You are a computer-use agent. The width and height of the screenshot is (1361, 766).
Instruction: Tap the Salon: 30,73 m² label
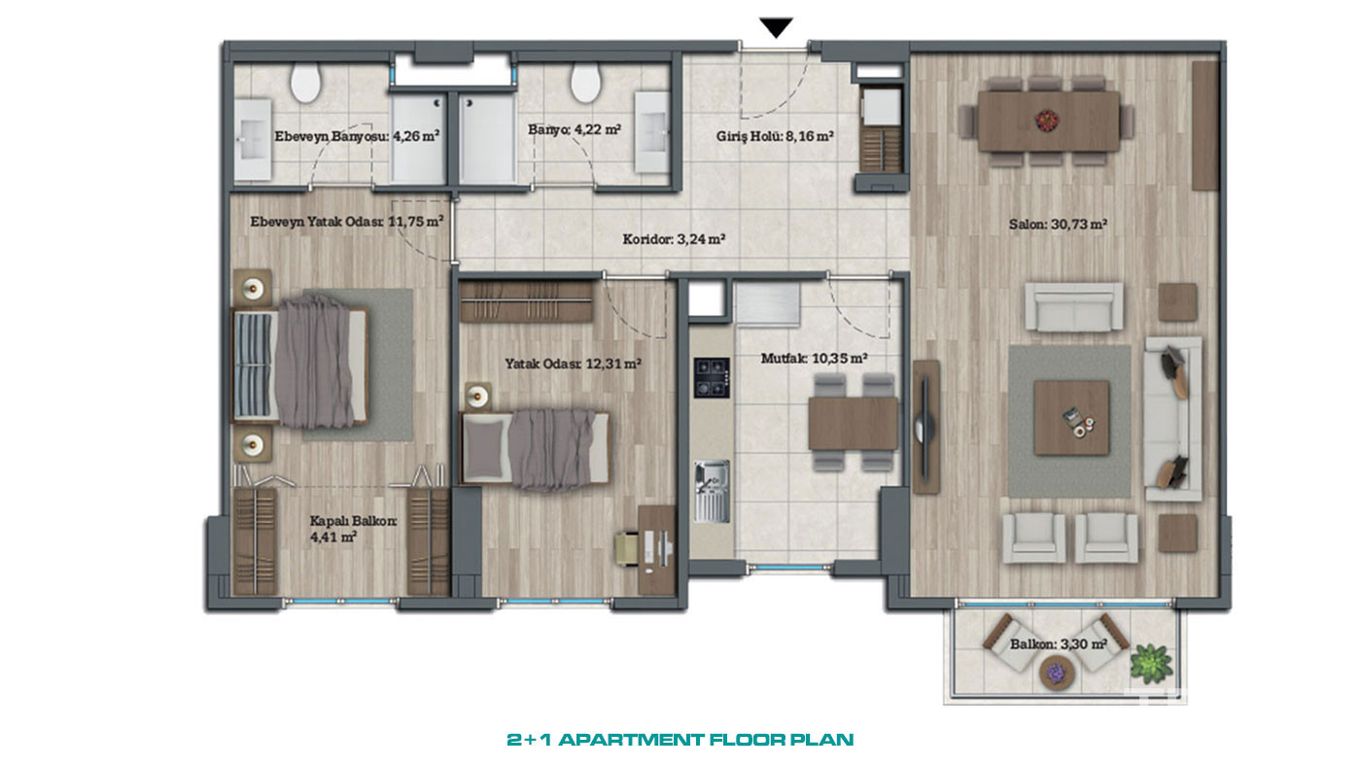coord(1058,225)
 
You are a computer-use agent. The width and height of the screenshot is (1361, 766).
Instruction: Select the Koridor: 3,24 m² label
coord(674,239)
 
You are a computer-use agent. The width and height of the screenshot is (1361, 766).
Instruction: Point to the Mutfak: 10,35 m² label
coord(815,359)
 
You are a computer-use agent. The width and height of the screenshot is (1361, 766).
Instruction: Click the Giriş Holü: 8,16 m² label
coord(775,136)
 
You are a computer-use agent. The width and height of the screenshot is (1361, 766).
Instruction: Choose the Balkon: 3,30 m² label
coord(1059,644)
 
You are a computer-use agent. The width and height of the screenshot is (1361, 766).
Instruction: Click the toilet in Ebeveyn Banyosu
coord(305,84)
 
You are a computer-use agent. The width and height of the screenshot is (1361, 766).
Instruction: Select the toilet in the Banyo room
coord(585,84)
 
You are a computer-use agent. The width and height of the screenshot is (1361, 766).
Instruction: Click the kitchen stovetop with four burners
coord(712,377)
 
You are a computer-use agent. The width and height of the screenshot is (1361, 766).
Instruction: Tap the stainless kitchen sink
coord(712,492)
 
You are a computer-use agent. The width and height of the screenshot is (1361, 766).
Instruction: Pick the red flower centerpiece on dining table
coord(1046,119)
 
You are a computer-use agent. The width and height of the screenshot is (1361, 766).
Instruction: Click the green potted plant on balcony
coord(1150,663)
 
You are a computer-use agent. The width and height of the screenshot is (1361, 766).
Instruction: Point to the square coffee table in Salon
coord(1071,418)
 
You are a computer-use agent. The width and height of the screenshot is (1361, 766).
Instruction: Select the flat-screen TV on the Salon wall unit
coord(925,427)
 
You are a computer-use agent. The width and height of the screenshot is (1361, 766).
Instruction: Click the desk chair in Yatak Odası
coord(628,548)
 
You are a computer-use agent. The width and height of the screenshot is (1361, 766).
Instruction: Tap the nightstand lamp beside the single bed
coord(477,398)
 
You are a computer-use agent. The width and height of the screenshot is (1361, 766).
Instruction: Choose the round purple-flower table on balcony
coord(1058,673)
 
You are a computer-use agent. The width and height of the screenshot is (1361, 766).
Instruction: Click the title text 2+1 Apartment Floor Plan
coord(680,740)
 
